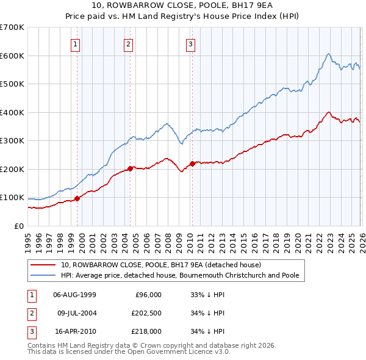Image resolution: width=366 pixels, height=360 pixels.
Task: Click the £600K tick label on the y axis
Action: coord(12,56)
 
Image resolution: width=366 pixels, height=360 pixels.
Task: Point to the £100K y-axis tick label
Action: coord(12,198)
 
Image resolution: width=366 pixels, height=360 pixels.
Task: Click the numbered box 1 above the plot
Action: coord(75,44)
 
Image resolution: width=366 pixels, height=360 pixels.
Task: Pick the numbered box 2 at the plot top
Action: coord(129,44)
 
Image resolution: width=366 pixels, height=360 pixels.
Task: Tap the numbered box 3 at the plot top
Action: coord(191,44)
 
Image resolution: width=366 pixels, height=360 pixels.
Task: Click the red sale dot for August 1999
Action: coord(77,198)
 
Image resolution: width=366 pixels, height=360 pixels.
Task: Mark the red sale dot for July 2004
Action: coord(131,168)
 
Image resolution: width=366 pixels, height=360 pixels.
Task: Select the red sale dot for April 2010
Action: coord(192,164)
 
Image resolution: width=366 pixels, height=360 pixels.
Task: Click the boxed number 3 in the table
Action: coord(30,331)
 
